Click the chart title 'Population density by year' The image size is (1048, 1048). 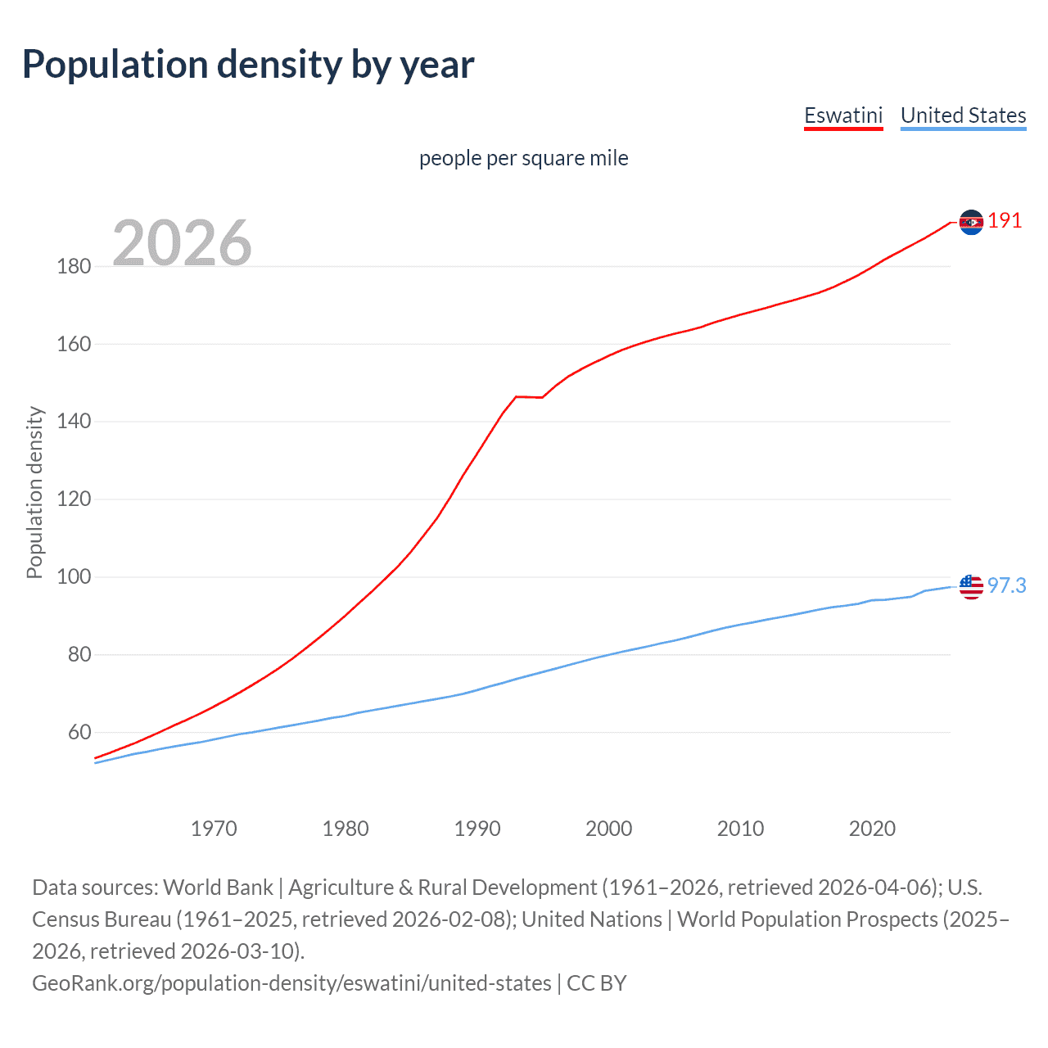point(248,65)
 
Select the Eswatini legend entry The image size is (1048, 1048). point(843,115)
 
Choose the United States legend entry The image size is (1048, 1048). point(963,115)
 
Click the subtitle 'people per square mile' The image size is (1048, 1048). point(523,158)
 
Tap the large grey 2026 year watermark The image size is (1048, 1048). point(182,242)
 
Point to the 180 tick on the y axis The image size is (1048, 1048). point(74,266)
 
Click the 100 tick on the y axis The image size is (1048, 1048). point(74,576)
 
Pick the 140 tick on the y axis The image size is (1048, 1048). point(74,422)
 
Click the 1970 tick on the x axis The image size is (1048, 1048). point(214,829)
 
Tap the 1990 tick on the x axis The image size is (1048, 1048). point(477,829)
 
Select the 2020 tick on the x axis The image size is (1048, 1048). point(872,829)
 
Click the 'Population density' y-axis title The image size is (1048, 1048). point(34,493)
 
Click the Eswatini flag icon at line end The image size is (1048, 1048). point(971,222)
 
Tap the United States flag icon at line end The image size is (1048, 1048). point(971,586)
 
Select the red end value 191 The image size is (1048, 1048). point(1005,221)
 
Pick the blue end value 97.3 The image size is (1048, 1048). point(1006,585)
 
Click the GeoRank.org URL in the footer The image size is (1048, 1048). point(291,982)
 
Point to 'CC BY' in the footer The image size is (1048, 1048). point(597,982)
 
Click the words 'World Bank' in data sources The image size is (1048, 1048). point(218,888)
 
